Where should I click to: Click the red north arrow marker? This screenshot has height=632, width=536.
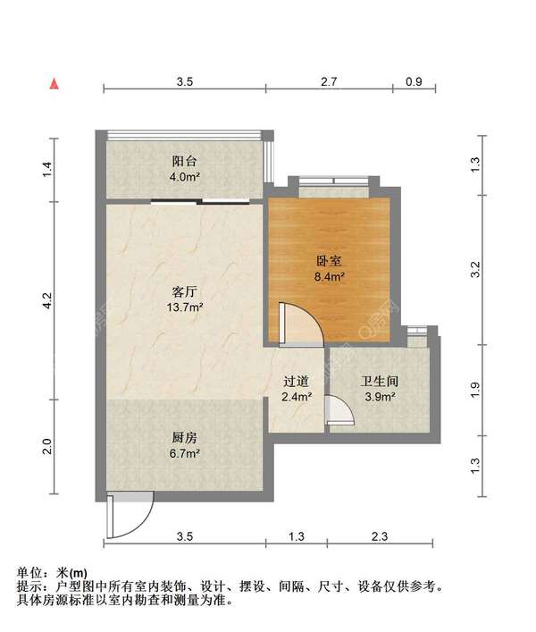point(54,84)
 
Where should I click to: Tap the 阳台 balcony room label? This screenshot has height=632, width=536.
point(184,161)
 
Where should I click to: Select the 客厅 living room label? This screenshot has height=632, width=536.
point(184,291)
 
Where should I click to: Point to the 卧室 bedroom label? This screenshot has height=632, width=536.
point(329,261)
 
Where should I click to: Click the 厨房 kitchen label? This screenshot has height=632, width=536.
point(184,438)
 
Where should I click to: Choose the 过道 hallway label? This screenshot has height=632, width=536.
point(296,382)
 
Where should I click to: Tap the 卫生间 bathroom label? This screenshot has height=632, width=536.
point(380,382)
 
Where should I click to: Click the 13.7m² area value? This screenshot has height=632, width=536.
point(184,308)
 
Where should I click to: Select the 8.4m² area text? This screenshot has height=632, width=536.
point(329,277)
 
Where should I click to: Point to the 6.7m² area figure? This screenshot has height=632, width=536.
point(184,454)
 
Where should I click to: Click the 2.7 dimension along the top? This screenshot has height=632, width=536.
point(329,82)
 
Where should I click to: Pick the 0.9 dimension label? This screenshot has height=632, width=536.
point(414,82)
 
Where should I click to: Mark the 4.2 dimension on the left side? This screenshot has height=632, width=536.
point(47,300)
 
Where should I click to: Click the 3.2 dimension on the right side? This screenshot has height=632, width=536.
point(475,269)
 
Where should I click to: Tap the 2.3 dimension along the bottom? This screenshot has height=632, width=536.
point(380,536)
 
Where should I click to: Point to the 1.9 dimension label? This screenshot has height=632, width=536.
point(475,390)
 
